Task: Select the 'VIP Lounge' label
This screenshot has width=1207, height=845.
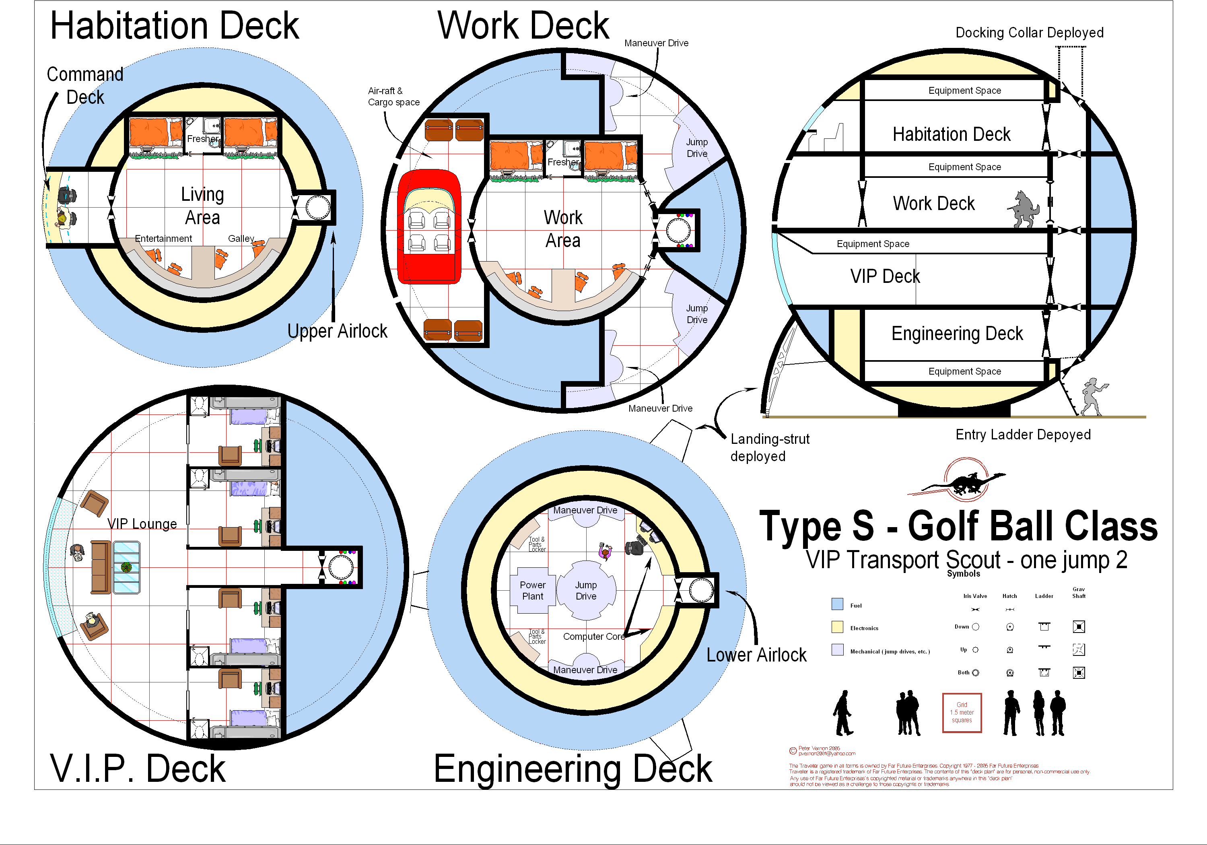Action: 142,524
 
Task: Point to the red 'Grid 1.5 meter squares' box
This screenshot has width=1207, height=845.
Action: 962,713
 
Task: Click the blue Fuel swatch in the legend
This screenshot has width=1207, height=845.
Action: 837,604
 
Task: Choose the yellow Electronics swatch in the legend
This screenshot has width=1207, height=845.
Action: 837,627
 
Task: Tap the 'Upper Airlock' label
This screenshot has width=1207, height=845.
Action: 337,331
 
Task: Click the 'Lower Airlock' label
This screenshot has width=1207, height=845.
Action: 756,655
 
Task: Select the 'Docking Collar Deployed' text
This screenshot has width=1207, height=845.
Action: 1029,33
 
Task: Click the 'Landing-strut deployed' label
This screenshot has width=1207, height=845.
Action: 769,447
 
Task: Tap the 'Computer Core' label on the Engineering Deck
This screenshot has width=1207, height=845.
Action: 593,636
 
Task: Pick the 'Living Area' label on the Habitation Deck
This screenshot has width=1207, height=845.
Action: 202,206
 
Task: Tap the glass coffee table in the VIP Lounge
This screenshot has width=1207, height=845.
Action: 126,567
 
